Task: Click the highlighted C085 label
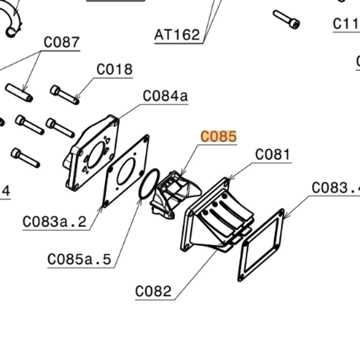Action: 219,137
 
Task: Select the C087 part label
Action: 61,43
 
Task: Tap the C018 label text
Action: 115,70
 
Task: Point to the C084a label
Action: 165,96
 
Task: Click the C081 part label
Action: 273,155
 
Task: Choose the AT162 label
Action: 177,35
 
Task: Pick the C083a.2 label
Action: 55,222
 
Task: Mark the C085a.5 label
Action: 79,259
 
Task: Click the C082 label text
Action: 153,291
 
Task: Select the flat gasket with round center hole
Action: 126,171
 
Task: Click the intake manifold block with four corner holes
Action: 92,153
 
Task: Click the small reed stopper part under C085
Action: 172,194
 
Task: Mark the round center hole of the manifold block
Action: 96,152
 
